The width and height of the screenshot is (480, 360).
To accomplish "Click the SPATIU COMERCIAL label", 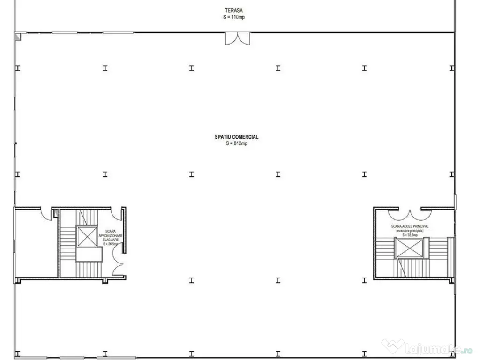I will click(237, 137).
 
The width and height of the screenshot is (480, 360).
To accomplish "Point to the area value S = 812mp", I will click(236, 143).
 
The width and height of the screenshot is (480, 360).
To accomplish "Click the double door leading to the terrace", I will click(237, 38).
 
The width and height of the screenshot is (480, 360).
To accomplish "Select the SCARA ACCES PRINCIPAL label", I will click(410, 226).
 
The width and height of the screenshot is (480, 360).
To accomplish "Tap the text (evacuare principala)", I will click(410, 231).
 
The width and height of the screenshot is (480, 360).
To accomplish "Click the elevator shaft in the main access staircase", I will click(410, 247).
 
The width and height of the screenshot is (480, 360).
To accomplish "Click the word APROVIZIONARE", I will click(111, 235).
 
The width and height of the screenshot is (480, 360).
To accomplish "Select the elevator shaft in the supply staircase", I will click(87, 236).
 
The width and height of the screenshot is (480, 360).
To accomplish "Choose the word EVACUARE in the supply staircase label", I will click(111, 240).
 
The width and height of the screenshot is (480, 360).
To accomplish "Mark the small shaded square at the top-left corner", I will click(18, 36).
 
